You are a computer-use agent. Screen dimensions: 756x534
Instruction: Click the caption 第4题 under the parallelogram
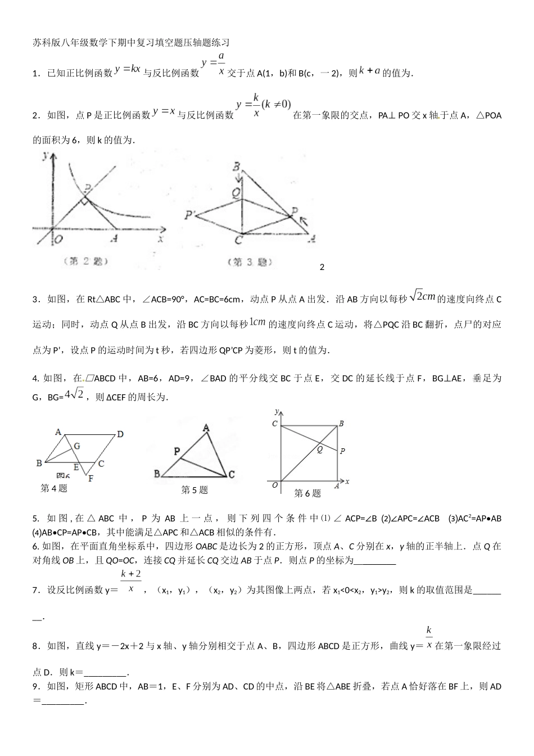54,488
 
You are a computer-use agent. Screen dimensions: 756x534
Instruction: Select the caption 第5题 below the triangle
194,490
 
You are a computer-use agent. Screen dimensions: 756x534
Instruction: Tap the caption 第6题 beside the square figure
307,493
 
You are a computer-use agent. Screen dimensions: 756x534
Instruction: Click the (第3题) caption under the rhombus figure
250,262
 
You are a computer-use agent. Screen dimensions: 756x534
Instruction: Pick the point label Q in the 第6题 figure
320,449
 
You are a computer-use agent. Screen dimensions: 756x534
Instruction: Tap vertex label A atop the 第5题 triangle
206,429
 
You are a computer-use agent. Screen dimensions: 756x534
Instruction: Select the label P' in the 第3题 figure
189,214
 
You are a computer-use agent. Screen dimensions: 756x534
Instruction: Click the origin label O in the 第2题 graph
58,239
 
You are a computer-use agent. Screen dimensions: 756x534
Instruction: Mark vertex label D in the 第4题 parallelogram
120,434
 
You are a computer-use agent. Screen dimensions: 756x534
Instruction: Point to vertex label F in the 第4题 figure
90,478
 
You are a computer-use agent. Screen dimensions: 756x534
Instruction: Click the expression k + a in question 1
369,71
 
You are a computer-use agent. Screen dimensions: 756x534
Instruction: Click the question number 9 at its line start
35,686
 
